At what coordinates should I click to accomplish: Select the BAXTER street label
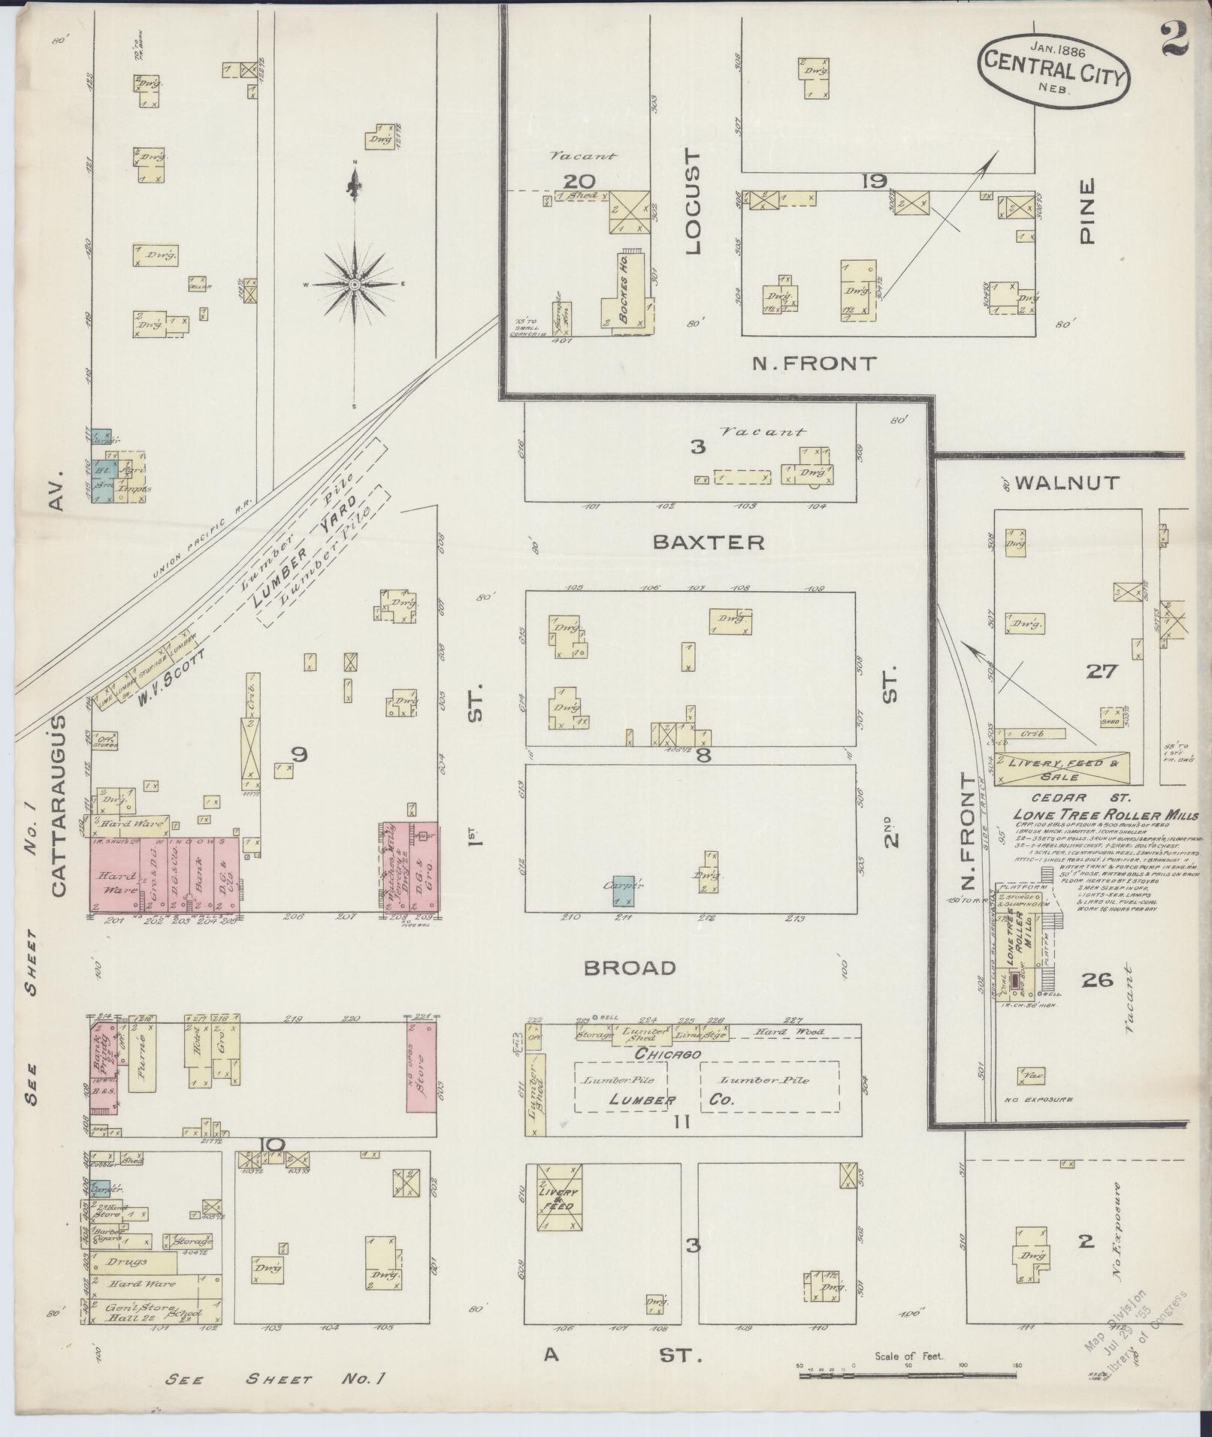[x=709, y=542]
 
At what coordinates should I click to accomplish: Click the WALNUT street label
[x=1067, y=483]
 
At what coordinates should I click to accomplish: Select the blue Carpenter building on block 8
[x=623, y=890]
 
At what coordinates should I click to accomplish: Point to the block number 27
[x=1102, y=672]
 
